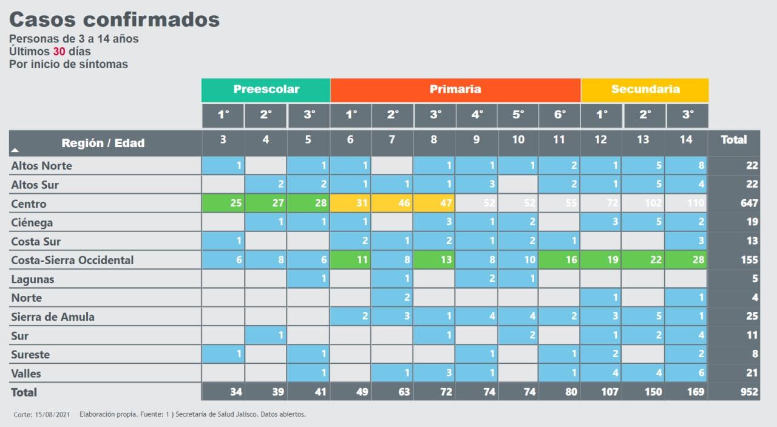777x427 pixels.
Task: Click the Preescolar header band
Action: click(266, 89)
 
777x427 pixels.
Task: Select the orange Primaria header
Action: click(455, 89)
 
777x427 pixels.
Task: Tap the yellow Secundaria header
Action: click(645, 89)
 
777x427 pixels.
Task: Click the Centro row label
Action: click(29, 203)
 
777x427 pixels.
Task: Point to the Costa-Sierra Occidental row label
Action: click(72, 260)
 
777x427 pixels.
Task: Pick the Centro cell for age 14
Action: click(686, 203)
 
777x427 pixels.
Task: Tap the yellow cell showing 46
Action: click(392, 203)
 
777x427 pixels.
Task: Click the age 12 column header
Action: click(600, 140)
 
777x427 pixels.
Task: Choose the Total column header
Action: click(733, 140)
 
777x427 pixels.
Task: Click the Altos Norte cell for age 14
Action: click(686, 165)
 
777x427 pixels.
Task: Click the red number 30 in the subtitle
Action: click(59, 52)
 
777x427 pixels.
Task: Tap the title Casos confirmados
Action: click(114, 19)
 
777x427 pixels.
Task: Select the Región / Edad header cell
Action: click(103, 143)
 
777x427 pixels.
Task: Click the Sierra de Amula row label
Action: click(53, 316)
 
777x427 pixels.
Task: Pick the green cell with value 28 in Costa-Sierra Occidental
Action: click(686, 260)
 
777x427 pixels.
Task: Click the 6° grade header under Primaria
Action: click(559, 115)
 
